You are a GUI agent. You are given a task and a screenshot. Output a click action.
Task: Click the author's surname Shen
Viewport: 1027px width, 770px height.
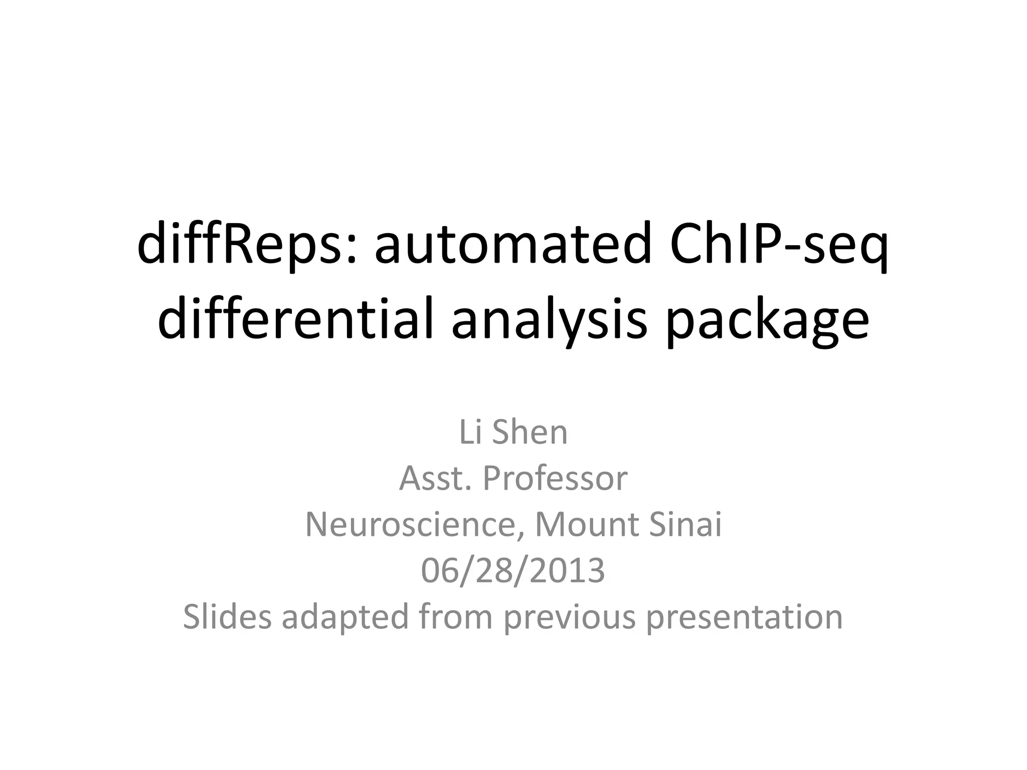click(x=530, y=432)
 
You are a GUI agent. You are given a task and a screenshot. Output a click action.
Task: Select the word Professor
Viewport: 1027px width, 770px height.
click(x=555, y=478)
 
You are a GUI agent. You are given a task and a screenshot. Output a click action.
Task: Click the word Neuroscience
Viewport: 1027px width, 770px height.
click(x=414, y=524)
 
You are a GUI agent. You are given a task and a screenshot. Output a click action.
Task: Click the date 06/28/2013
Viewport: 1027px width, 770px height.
click(x=513, y=570)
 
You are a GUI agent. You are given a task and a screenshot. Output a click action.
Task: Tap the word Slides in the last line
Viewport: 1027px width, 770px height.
click(x=227, y=617)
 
